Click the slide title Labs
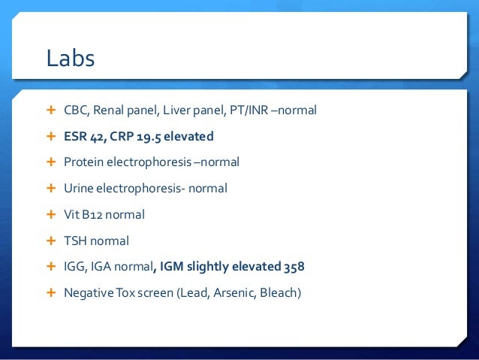point(71,59)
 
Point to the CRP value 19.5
point(148,137)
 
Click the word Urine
point(80,189)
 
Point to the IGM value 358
point(294,267)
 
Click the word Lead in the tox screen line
point(192,293)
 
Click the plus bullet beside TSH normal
point(52,241)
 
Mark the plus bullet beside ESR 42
point(52,137)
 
